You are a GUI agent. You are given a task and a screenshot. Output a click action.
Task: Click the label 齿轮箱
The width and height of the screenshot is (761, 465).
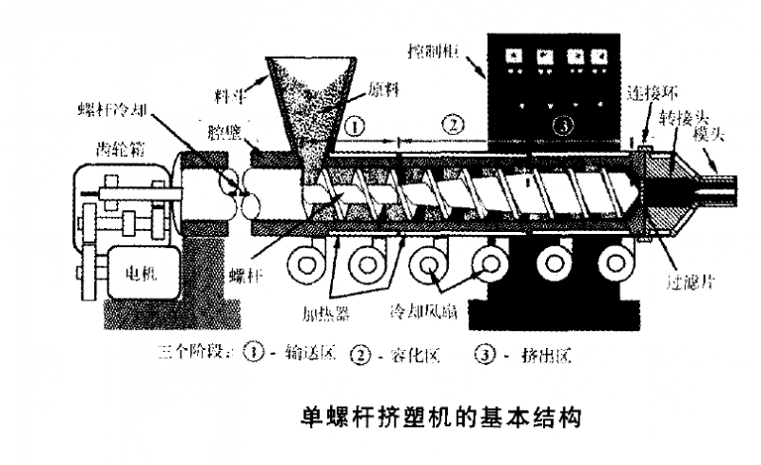click(x=121, y=147)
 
